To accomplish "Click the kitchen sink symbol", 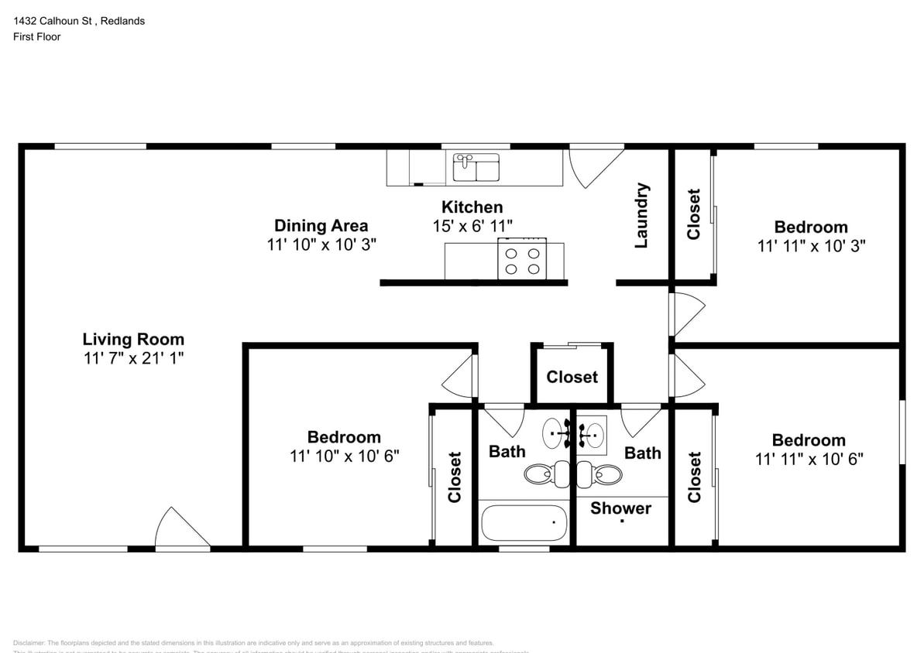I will (x=476, y=166).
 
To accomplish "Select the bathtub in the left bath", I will (x=524, y=523).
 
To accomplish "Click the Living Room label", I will (x=133, y=339).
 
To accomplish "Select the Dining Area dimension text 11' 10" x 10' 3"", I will (x=321, y=244).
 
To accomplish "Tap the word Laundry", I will (x=641, y=216).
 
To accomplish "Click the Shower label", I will (x=620, y=508).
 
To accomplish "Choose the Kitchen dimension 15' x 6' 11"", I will (x=472, y=226).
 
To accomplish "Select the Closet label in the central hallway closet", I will (x=572, y=377).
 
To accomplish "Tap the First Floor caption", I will (x=36, y=36).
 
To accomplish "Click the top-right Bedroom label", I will (x=810, y=227).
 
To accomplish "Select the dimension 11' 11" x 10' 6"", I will (x=809, y=459).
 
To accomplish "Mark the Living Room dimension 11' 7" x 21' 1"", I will (x=133, y=358).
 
